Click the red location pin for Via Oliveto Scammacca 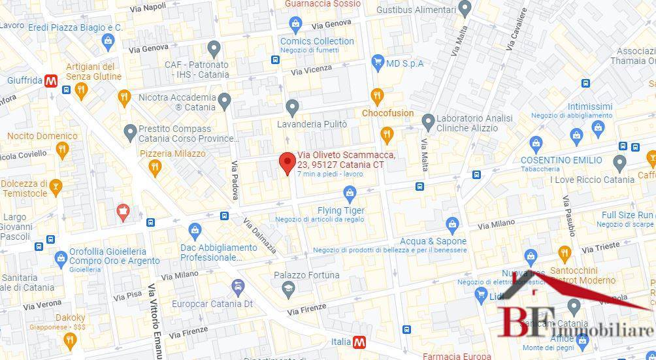286,162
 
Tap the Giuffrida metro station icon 51,81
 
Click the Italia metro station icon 359,342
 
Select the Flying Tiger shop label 340,210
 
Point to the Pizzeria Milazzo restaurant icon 155,168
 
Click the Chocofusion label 387,113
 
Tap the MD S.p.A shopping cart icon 377,63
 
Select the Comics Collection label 317,41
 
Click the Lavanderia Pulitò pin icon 292,106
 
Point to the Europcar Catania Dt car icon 238,287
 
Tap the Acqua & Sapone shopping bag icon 452,225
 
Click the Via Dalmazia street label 260,235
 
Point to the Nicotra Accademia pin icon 224,101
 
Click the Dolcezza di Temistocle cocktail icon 56,188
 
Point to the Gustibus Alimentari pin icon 465,9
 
